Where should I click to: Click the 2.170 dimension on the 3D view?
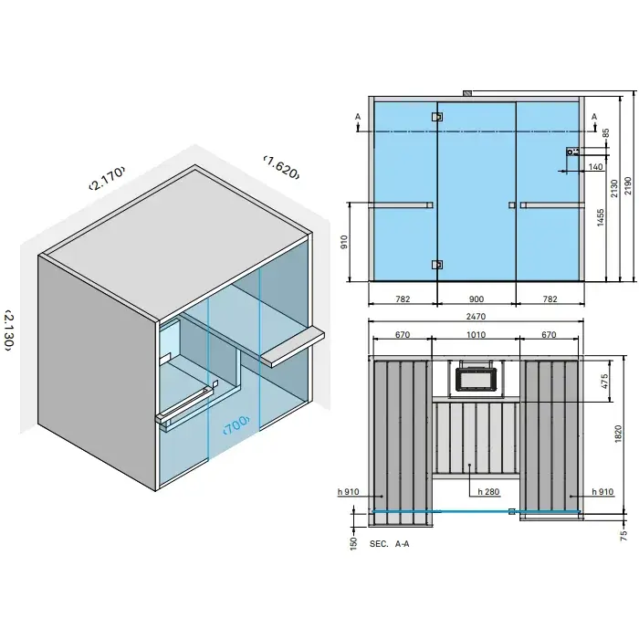coord(106,178)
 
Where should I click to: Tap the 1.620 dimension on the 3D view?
coord(281,167)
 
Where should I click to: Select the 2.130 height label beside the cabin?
coord(9,330)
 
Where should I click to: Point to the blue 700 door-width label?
coord(236,425)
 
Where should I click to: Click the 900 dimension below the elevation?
coord(476,299)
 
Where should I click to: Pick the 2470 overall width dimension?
coord(476,316)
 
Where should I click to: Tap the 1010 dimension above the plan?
coord(476,335)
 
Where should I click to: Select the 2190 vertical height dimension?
coord(628,186)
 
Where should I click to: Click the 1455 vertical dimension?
coord(601,217)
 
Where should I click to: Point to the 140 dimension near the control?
coord(595,167)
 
